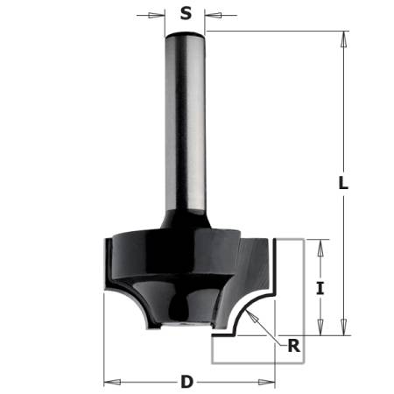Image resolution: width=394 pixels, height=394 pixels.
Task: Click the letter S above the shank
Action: pyautogui.click(x=186, y=13)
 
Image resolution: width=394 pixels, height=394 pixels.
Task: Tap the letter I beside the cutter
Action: pyautogui.click(x=320, y=286)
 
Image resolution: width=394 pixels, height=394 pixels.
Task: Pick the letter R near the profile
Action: pyautogui.click(x=294, y=345)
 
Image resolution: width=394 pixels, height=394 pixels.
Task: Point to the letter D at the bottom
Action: pyautogui.click(x=186, y=382)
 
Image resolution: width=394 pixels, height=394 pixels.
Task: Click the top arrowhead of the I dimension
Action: pyautogui.click(x=320, y=244)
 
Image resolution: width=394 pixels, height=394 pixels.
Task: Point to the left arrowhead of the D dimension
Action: pyautogui.click(x=109, y=382)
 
